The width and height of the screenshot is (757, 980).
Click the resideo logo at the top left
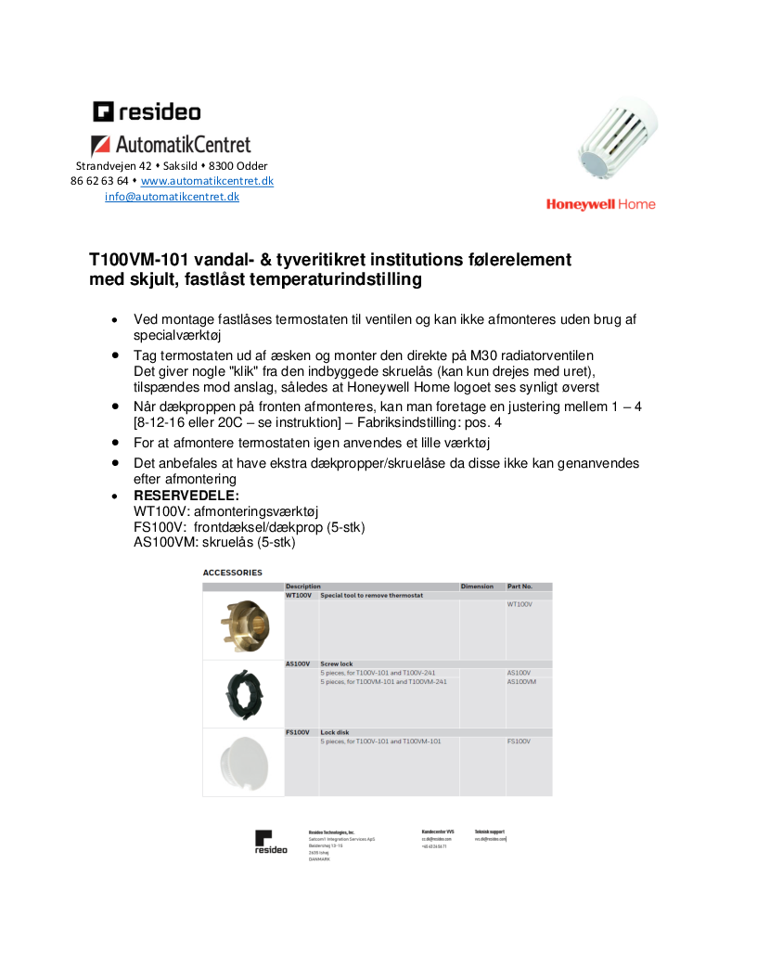[x=147, y=112]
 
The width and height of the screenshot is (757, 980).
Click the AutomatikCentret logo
[x=171, y=145]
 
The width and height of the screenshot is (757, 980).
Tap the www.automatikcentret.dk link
[x=207, y=181]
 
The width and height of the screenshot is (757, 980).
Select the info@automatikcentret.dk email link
[x=172, y=197]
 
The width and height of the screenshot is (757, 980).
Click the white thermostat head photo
[x=618, y=139]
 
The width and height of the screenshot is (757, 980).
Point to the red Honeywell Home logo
[x=600, y=204]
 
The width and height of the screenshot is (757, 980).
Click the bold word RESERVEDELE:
[x=186, y=496]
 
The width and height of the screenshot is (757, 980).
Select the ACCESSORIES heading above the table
[x=233, y=573]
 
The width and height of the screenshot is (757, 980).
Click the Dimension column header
[x=477, y=587]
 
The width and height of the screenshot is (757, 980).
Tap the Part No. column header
[x=520, y=587]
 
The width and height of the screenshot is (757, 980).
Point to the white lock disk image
[x=242, y=763]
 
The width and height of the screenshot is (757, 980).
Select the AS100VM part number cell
[x=522, y=681]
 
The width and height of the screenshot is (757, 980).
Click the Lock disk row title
[x=335, y=732]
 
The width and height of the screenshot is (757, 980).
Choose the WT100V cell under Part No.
[x=520, y=604]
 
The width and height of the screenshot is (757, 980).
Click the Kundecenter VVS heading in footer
[x=438, y=832]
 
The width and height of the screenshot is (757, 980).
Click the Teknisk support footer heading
[x=490, y=832]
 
